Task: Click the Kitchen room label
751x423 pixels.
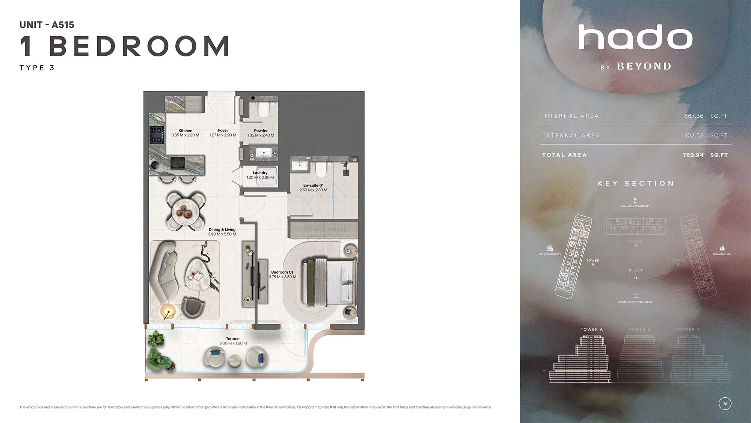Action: [185, 130]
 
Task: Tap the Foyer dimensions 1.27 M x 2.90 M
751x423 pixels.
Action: [223, 135]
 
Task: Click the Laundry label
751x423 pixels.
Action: [260, 173]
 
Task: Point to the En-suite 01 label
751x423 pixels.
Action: [313, 185]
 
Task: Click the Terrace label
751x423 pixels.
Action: [232, 338]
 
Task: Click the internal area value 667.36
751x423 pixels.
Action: [694, 116]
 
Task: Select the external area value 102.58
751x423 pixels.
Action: [694, 135]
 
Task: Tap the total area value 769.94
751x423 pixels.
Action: [693, 155]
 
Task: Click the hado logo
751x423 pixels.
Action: [635, 38]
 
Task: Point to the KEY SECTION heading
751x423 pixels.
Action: [636, 183]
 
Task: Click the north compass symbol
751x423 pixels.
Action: [725, 403]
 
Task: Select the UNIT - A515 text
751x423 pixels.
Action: [47, 25]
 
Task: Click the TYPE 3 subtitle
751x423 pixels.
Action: [37, 68]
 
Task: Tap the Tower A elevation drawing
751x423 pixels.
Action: [581, 359]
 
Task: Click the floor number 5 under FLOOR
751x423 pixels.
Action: [635, 277]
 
